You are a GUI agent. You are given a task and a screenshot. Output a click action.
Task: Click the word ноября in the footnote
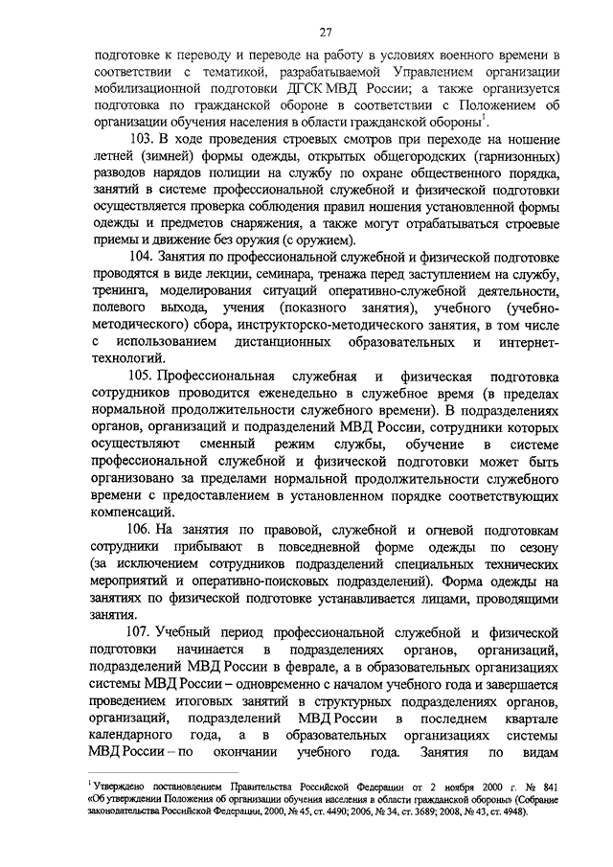point(462,785)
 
